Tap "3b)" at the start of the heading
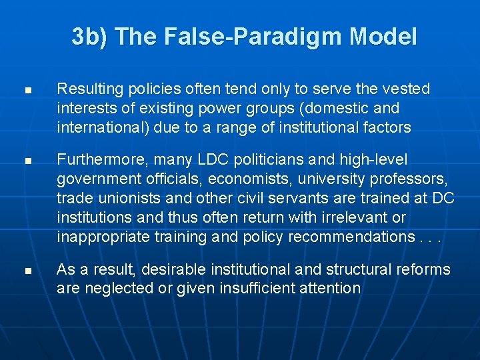pyautogui.click(x=89, y=36)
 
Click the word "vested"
pyautogui.click(x=408, y=89)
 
